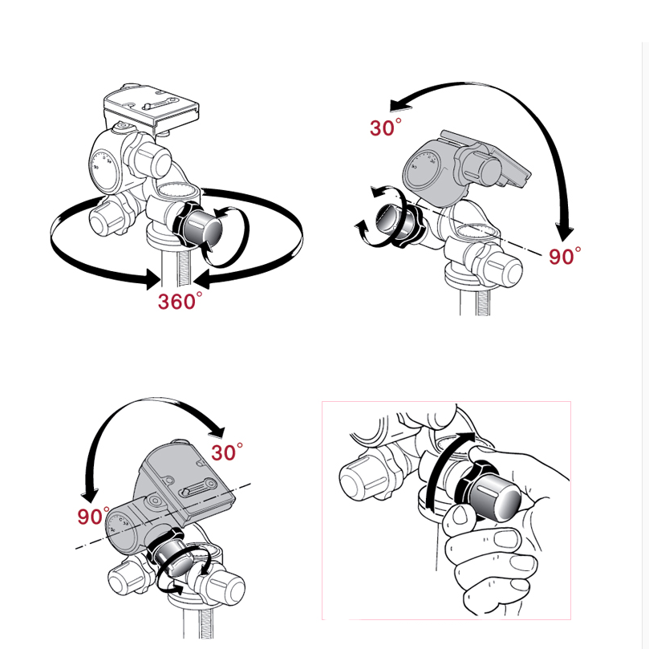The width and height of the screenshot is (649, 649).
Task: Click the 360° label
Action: pos(180,301)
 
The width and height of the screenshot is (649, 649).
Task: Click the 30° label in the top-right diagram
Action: pos(385,127)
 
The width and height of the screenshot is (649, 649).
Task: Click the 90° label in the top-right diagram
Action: pos(565,256)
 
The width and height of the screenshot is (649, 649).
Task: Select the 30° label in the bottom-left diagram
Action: pos(227,452)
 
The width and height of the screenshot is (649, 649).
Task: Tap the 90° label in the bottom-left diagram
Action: pos(94,516)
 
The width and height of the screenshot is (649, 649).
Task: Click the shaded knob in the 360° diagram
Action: pos(200,225)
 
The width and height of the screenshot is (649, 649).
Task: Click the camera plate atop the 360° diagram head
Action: pos(151,107)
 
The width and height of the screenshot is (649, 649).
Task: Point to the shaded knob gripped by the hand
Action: pos(489,491)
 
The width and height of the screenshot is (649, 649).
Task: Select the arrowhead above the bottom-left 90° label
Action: pos(90,495)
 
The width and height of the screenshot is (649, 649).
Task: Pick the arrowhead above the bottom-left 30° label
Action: pos(217,432)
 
